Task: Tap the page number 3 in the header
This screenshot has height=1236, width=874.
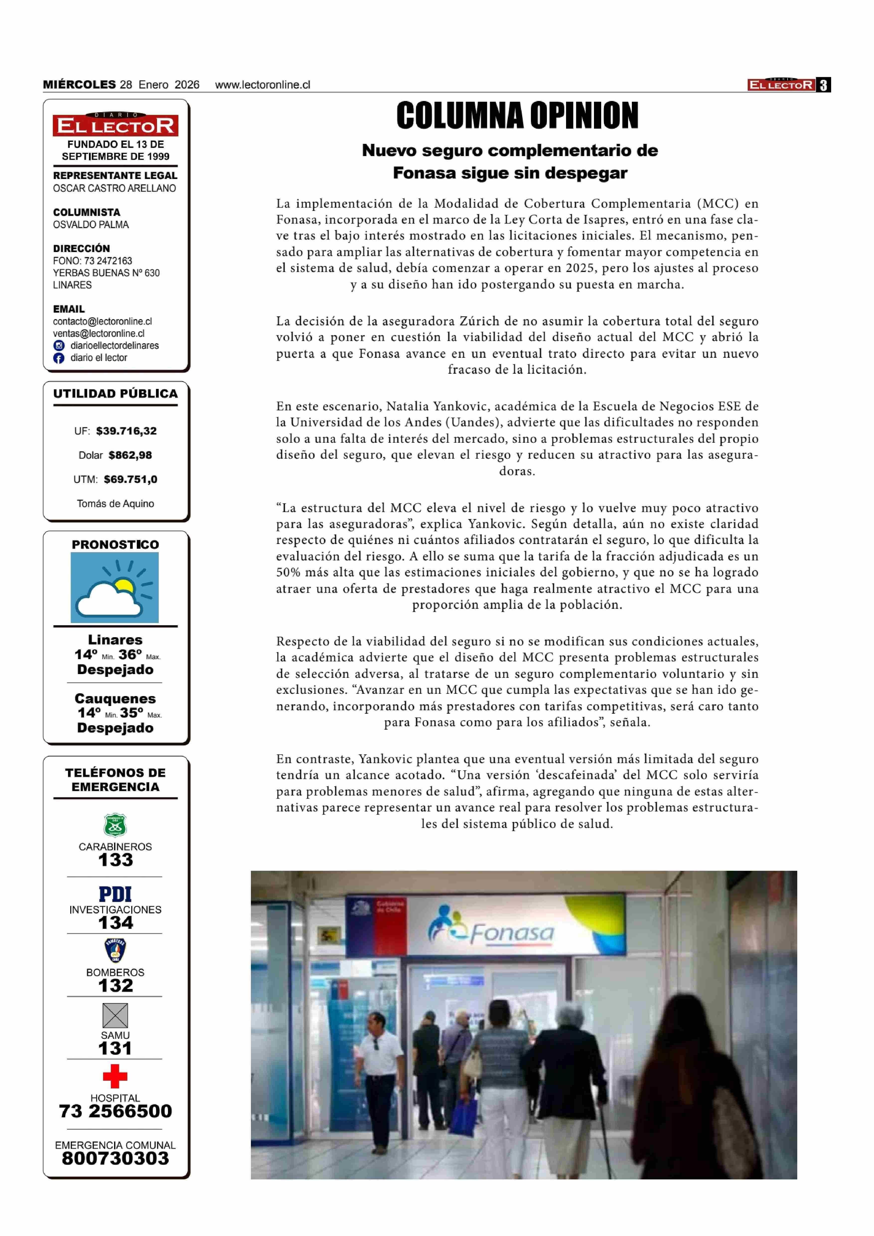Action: (823, 85)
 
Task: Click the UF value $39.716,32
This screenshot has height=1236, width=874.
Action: (126, 431)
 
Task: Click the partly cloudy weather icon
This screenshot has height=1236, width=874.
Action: (115, 588)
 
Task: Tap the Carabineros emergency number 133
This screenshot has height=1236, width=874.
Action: (115, 860)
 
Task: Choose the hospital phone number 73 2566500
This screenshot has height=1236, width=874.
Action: (115, 1111)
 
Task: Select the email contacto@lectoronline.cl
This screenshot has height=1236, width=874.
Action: (102, 322)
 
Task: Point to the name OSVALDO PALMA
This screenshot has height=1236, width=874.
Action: (90, 225)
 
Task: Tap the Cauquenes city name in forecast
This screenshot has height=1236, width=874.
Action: (115, 699)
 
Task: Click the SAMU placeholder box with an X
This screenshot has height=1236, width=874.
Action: (115, 1016)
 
